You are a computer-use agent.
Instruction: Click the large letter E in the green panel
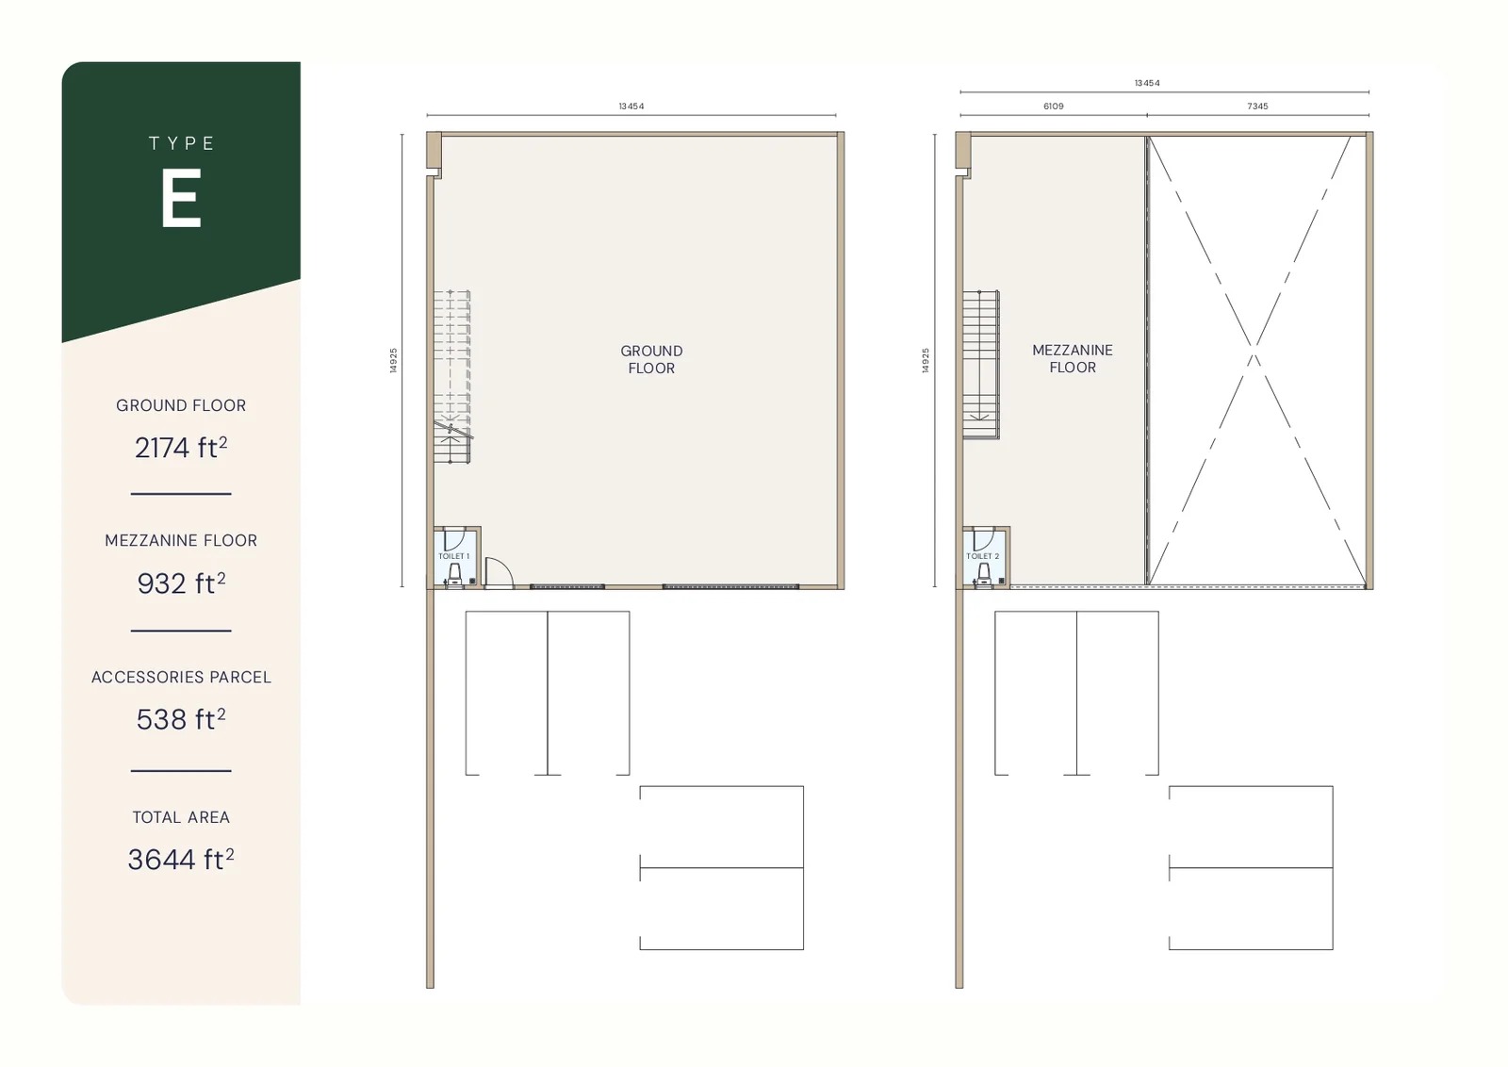pos(181,199)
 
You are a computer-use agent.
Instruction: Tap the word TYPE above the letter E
pos(182,143)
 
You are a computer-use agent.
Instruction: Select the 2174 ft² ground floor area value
pos(181,448)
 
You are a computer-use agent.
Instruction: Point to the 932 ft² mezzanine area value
pos(181,583)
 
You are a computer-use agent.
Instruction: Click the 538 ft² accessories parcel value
pos(181,719)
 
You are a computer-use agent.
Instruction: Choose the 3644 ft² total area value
pos(181,859)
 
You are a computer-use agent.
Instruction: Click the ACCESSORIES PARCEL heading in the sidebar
pos(181,677)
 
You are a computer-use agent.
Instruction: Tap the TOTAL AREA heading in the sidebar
pos(181,817)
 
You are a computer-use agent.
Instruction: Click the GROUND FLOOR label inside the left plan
pos(651,359)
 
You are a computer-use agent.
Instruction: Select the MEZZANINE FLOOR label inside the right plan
pos(1073,358)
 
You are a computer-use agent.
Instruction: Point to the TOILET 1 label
pos(453,556)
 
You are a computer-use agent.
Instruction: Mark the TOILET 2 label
pos(982,556)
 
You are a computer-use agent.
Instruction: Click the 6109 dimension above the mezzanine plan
pos(1054,107)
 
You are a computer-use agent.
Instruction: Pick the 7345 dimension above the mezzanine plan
pos(1257,107)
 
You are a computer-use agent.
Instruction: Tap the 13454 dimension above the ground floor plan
pos(631,107)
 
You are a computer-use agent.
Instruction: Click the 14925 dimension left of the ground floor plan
pos(394,360)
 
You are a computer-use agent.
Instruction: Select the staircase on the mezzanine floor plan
pos(980,365)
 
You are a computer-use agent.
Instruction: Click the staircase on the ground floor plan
pos(451,377)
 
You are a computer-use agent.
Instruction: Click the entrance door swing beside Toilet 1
pos(498,572)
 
